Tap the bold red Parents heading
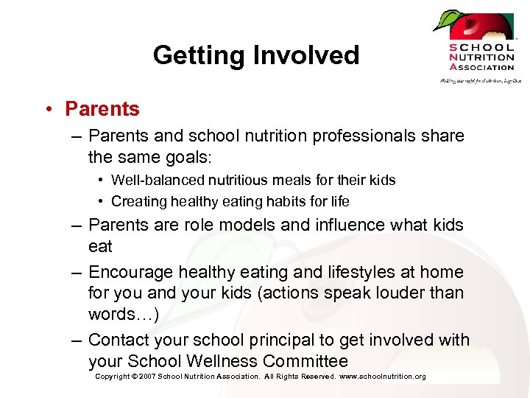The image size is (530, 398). pyautogui.click(x=102, y=109)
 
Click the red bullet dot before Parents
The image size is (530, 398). pyautogui.click(x=47, y=110)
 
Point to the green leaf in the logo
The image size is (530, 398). pyautogui.click(x=446, y=20)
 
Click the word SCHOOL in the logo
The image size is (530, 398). pyautogui.click(x=482, y=48)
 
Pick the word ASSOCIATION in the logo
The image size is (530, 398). pyautogui.click(x=482, y=67)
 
